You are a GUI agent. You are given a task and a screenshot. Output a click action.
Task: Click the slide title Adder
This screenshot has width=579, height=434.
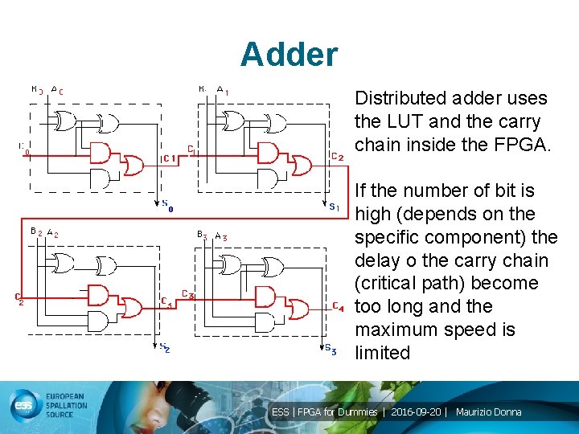tap(289, 55)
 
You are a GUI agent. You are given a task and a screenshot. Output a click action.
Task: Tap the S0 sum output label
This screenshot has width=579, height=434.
tap(166, 205)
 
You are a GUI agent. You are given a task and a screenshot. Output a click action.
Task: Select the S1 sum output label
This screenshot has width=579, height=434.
tap(333, 207)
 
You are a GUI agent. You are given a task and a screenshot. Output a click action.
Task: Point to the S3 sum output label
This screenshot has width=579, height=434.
tap(331, 350)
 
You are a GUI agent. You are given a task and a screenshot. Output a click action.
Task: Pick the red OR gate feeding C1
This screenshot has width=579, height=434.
tap(131, 165)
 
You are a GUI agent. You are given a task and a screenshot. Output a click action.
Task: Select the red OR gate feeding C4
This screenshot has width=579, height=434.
tap(298, 309)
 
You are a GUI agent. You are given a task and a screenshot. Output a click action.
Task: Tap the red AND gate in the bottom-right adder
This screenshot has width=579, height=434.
tap(267, 297)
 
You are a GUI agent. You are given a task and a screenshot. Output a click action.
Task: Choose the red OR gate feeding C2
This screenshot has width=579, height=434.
tap(302, 165)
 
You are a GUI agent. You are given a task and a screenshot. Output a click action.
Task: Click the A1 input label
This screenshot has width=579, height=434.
tap(223, 91)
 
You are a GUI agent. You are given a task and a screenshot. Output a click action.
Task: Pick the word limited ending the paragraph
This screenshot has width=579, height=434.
tap(382, 353)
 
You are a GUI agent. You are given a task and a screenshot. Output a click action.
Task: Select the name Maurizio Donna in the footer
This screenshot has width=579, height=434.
tap(488, 412)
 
